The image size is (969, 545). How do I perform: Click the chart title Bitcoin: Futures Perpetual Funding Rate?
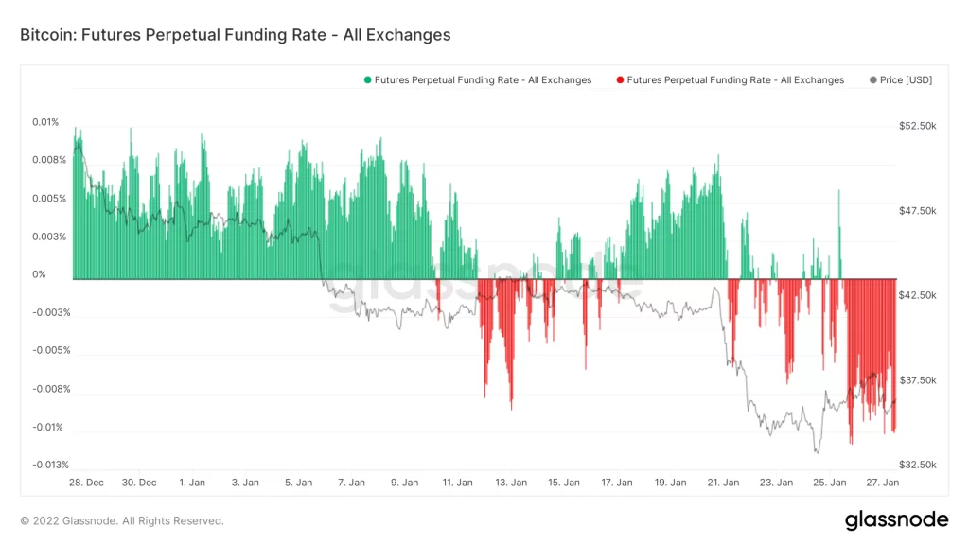235,35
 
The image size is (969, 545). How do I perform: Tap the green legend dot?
367,80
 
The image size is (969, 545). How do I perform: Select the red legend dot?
619,80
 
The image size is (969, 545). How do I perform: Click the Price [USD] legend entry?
906,80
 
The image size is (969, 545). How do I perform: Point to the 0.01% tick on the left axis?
45,122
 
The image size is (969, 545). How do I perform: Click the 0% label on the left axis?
40,274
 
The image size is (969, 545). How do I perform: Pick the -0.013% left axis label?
50,465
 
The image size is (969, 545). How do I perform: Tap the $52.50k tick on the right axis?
917,126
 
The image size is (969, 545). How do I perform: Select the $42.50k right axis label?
917,295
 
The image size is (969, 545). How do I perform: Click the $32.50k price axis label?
917,465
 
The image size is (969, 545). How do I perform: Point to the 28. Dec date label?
86,483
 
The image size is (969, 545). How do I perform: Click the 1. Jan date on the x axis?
192,483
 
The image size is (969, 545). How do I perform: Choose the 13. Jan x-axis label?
511,483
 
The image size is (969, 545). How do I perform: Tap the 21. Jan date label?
724,483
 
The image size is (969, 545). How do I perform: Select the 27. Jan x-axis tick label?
883,483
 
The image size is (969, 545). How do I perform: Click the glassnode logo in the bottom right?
895,519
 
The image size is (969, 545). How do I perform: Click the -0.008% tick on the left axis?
50,389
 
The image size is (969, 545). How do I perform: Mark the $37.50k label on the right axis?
917,380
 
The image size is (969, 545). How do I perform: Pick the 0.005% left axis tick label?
48,199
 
